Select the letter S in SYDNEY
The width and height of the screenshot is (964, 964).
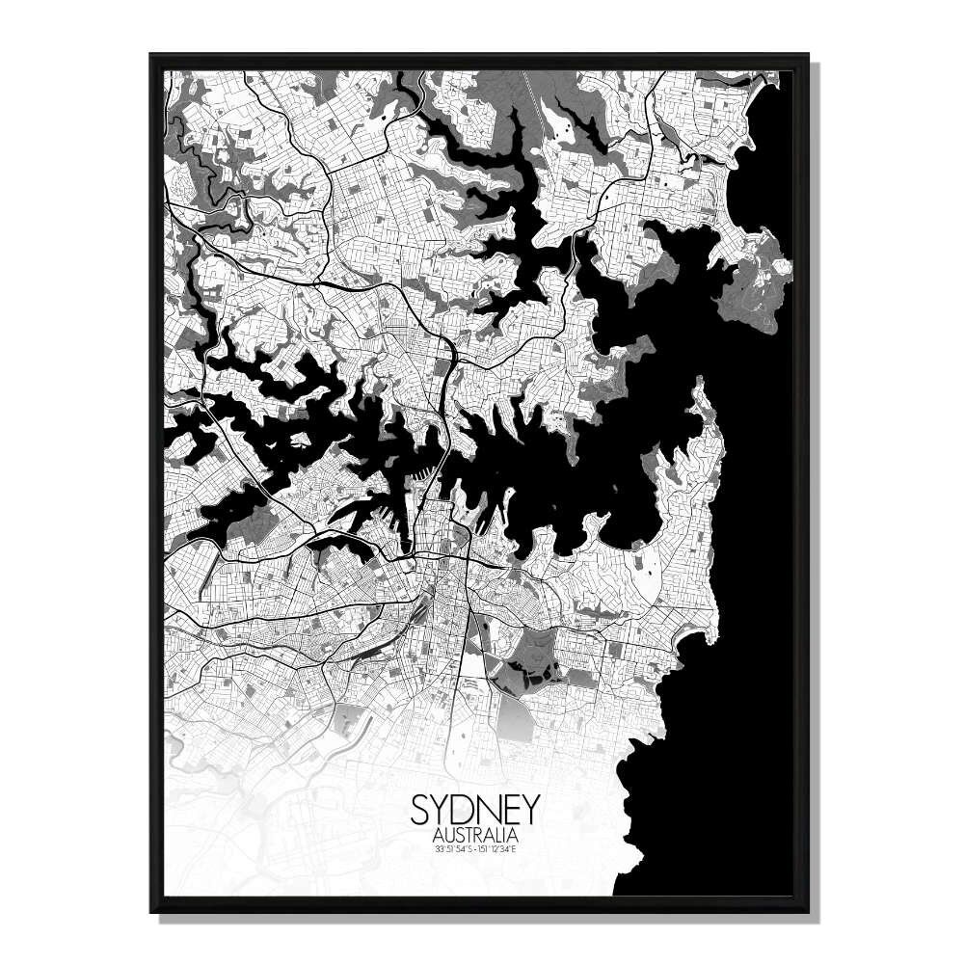point(421,809)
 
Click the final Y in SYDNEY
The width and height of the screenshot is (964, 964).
point(531,809)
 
